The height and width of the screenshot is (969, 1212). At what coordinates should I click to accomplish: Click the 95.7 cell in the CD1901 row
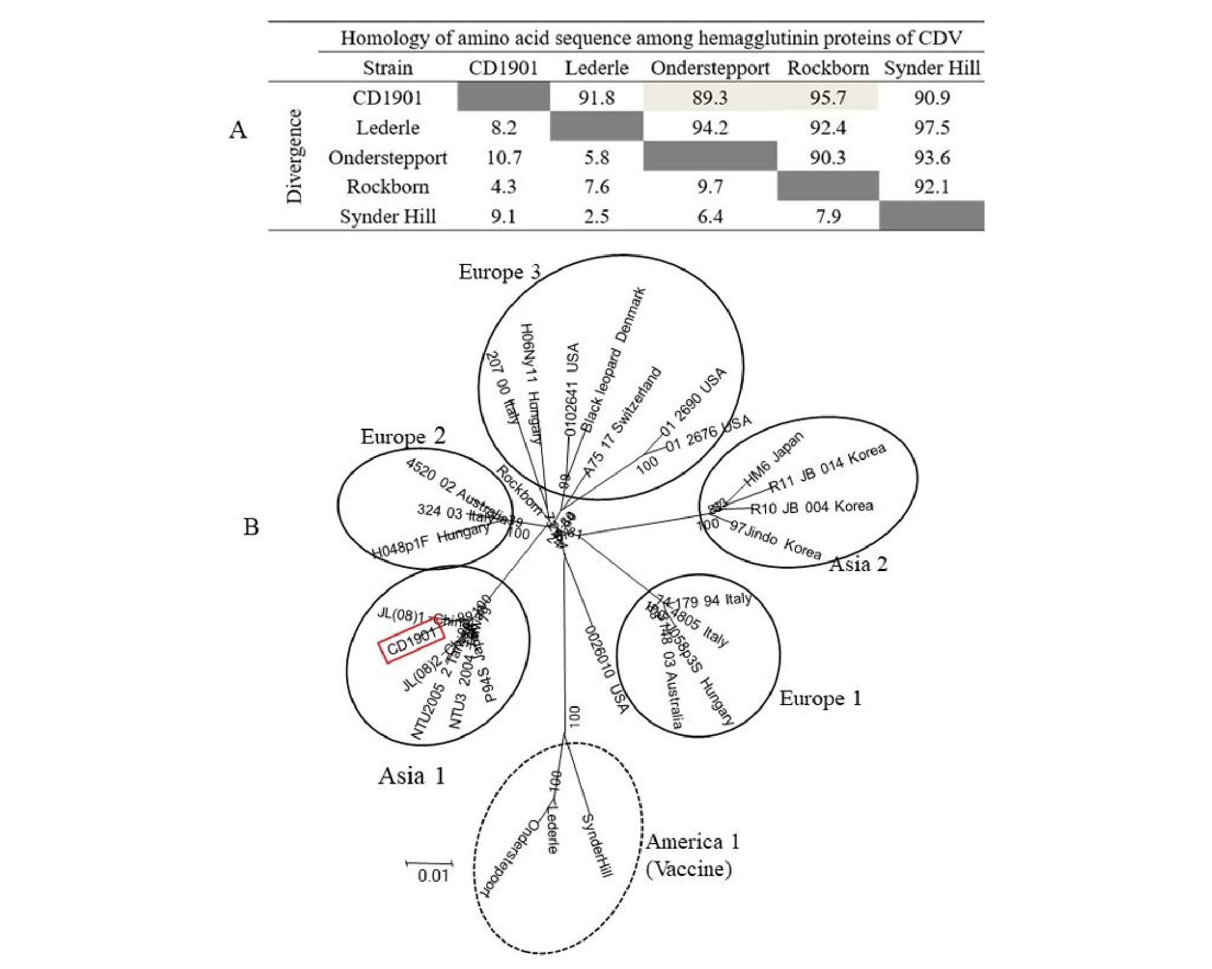[827, 98]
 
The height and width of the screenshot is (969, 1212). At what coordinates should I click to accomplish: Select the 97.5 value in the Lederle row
[932, 128]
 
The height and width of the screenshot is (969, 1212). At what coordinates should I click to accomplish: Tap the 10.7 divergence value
[503, 157]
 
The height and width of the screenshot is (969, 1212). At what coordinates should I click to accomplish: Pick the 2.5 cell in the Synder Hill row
[596, 217]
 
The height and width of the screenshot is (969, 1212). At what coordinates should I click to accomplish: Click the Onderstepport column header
[710, 68]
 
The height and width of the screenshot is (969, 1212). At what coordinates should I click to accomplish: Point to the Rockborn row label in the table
[387, 187]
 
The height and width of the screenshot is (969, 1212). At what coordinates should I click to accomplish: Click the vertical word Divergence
[294, 156]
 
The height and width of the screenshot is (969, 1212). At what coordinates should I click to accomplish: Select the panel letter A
[238, 131]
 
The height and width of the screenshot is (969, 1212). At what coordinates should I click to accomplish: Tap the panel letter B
[251, 527]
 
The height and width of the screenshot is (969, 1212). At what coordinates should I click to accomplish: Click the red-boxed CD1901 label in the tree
[412, 644]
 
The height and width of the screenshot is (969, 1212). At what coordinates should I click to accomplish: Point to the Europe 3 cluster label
[499, 272]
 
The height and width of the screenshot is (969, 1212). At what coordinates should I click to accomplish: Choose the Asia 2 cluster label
[857, 564]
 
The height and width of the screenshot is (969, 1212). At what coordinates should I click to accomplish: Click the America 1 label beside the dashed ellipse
[692, 842]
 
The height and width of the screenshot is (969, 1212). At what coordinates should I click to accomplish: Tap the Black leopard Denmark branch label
[613, 359]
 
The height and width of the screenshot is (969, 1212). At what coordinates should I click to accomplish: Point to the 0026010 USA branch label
[606, 669]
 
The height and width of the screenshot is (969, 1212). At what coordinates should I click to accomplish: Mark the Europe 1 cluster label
[820, 698]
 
